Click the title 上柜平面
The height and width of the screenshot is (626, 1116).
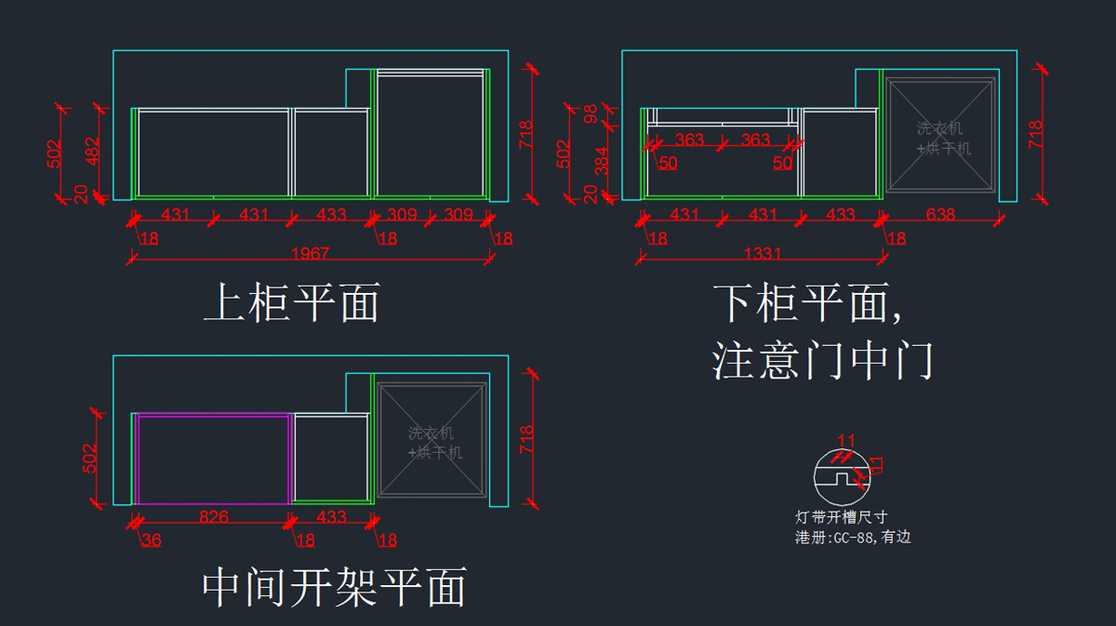pyautogui.click(x=291, y=303)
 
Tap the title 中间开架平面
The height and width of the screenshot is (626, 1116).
pyautogui.click(x=334, y=588)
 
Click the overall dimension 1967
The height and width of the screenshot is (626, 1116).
pyautogui.click(x=310, y=253)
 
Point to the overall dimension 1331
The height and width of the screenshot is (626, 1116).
pyautogui.click(x=763, y=253)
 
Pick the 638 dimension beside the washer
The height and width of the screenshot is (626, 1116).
pyautogui.click(x=941, y=215)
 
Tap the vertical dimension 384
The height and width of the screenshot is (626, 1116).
pyautogui.click(x=601, y=160)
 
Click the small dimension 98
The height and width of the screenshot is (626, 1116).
pyautogui.click(x=590, y=114)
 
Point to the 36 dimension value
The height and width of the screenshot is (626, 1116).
pyautogui.click(x=151, y=539)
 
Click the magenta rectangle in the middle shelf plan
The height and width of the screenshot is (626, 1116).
pyautogui.click(x=213, y=415)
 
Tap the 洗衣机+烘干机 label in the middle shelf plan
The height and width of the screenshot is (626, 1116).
pyautogui.click(x=433, y=443)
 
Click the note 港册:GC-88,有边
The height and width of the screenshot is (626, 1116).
pyautogui.click(x=852, y=538)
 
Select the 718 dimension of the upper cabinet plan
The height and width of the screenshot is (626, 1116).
pyautogui.click(x=525, y=134)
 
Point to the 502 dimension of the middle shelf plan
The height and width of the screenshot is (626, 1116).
pyautogui.click(x=91, y=457)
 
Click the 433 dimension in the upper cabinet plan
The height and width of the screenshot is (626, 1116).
pyautogui.click(x=331, y=215)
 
